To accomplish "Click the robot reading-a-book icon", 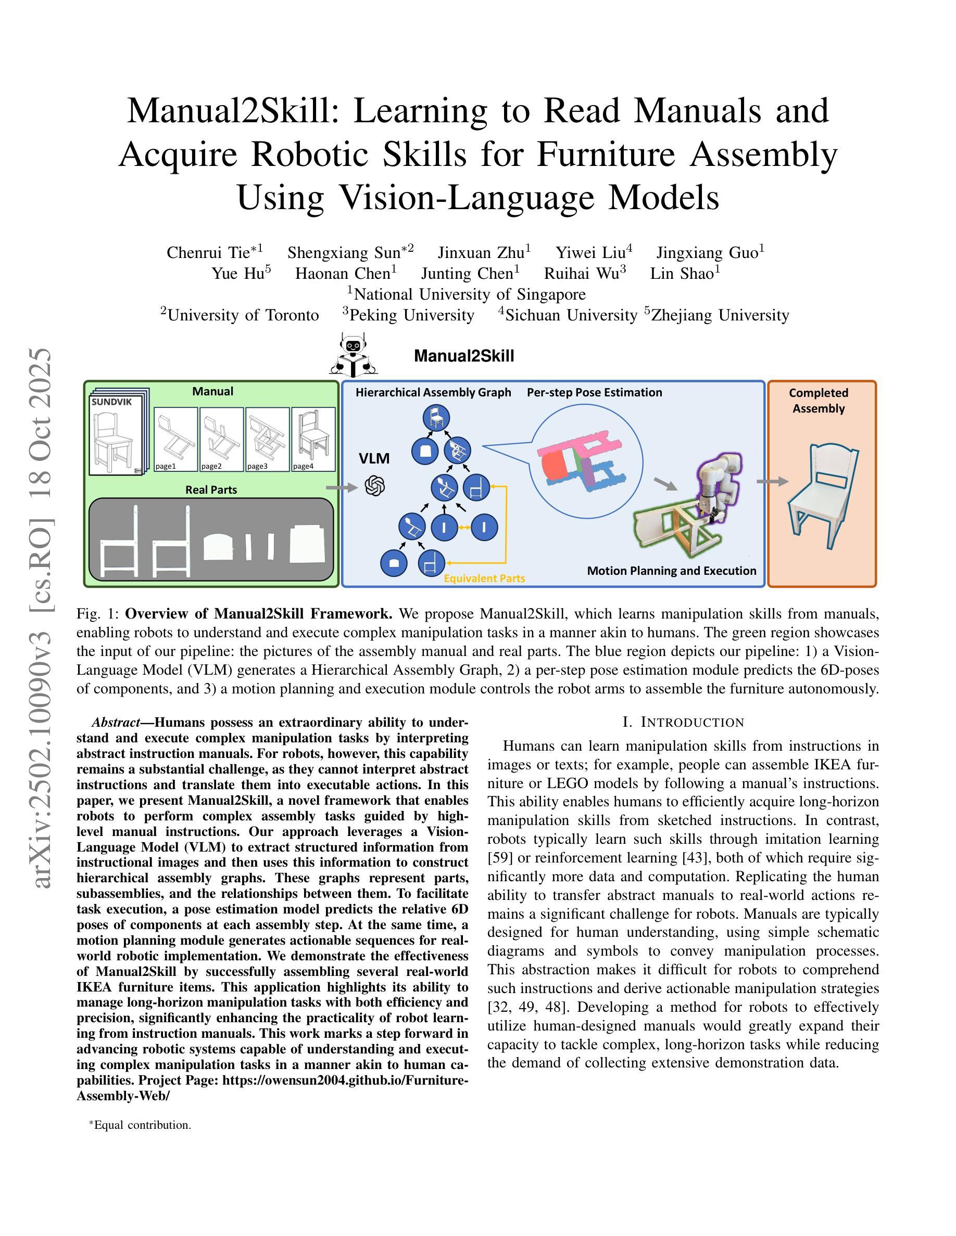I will (354, 355).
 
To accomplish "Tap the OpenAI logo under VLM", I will (375, 485).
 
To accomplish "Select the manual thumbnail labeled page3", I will (267, 439).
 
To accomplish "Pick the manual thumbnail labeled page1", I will (175, 439).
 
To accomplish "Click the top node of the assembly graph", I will (436, 419).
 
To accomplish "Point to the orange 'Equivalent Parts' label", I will (484, 578).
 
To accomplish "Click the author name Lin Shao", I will (685, 273).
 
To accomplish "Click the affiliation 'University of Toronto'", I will (243, 315).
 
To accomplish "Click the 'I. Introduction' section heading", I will (683, 722).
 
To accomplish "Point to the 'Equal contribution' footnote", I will (142, 1125).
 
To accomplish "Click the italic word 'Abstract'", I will (116, 723).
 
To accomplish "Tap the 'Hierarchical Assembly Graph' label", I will (433, 392).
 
